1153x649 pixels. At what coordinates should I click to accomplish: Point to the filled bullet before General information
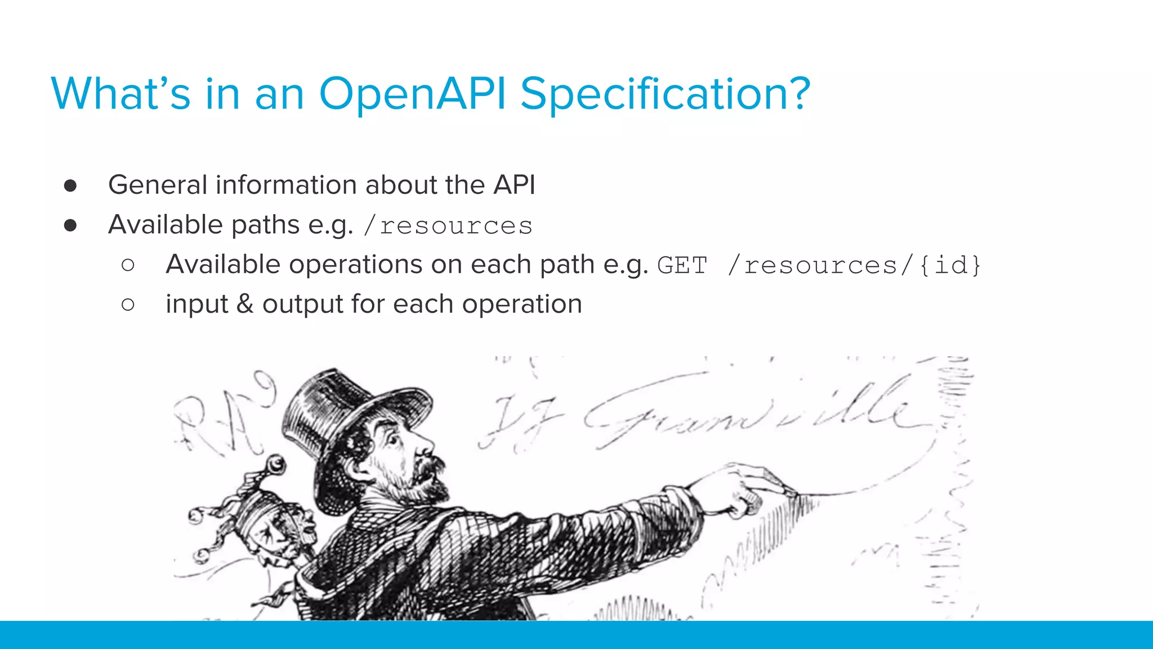tap(70, 186)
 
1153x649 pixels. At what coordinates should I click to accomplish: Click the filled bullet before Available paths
tap(70, 225)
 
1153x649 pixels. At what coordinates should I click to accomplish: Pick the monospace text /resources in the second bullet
tap(448, 226)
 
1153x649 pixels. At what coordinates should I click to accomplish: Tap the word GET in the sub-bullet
tap(682, 265)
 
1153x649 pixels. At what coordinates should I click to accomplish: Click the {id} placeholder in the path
tap(950, 265)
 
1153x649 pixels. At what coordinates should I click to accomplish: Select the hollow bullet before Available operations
tap(128, 265)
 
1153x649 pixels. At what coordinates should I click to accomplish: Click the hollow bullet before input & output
tap(128, 305)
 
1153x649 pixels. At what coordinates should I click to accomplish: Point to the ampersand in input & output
tap(245, 304)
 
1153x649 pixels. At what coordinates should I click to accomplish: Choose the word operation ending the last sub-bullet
tap(522, 305)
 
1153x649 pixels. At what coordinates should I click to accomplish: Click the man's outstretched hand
tap(749, 490)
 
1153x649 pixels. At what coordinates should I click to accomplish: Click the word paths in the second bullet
tap(265, 225)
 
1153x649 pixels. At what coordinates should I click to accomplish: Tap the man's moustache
tap(428, 465)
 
